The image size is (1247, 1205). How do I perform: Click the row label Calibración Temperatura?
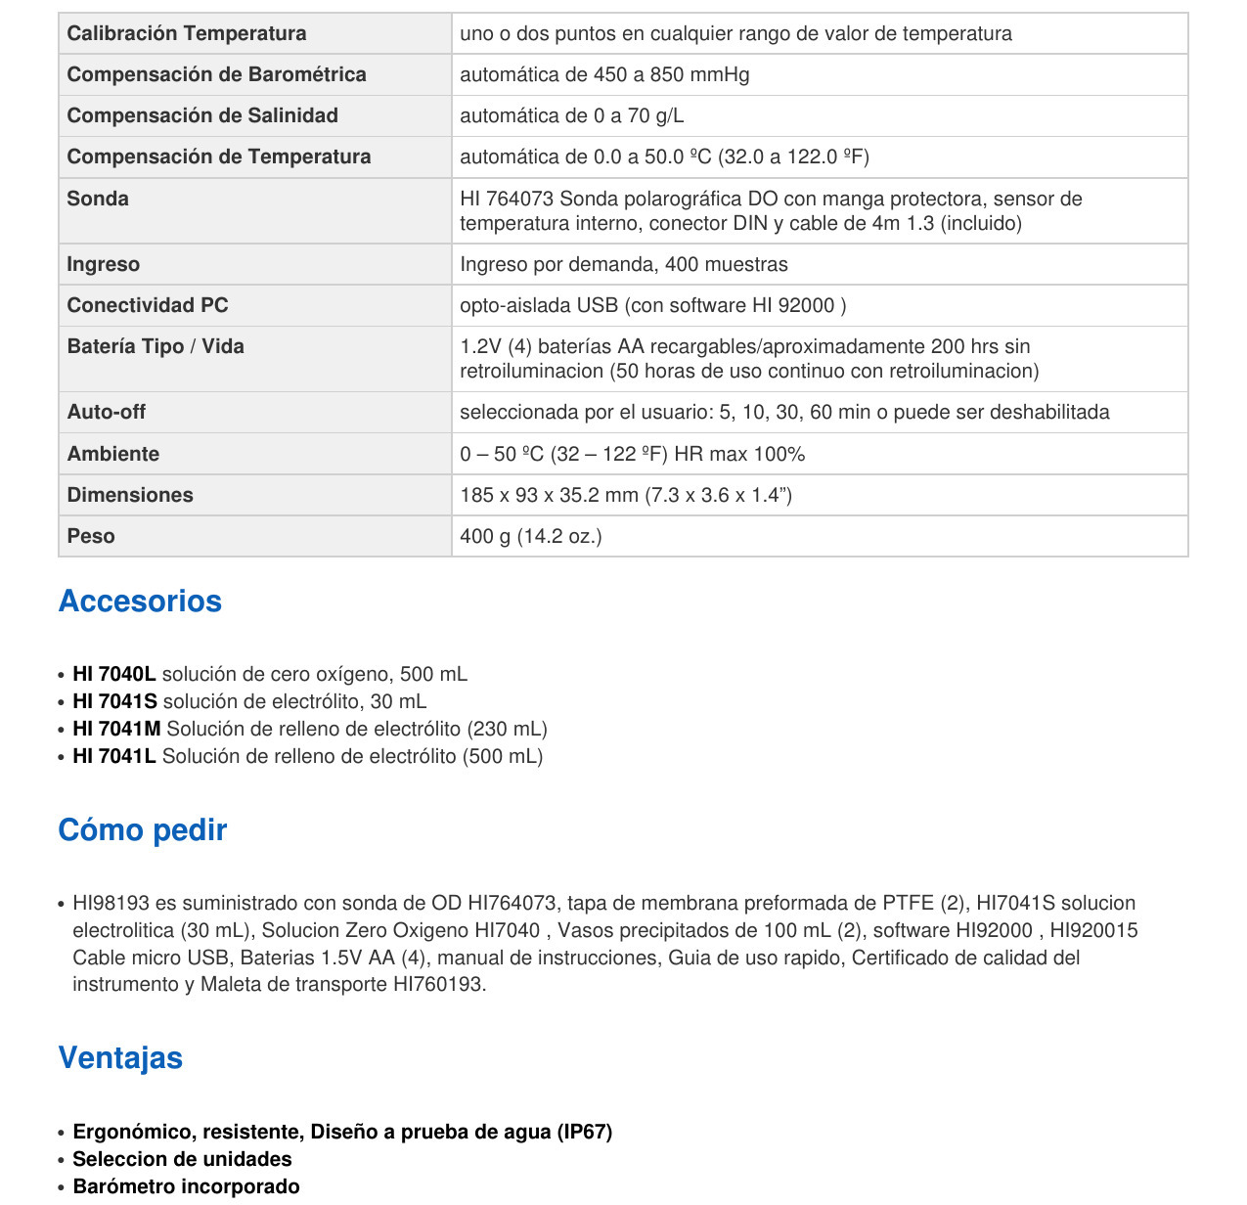click(x=186, y=33)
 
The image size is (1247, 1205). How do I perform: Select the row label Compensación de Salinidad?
click(x=202, y=115)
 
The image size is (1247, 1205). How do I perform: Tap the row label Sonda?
click(x=98, y=199)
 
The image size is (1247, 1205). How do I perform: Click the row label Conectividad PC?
click(x=148, y=305)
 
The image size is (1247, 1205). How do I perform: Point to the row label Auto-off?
click(x=106, y=412)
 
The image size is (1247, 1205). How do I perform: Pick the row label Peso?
click(x=91, y=536)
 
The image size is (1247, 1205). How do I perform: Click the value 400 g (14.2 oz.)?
click(x=531, y=536)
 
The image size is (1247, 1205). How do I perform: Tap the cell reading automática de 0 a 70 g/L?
click(x=572, y=115)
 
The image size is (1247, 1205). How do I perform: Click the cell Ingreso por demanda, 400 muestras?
click(x=624, y=264)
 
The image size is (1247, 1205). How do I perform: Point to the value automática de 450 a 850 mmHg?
click(x=604, y=74)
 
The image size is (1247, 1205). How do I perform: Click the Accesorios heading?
click(x=140, y=601)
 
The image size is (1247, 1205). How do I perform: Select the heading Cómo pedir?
click(x=143, y=829)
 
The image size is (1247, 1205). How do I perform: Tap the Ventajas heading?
click(x=120, y=1057)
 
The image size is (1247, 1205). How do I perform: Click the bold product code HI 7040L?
click(x=114, y=674)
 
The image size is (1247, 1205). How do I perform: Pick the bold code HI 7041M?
click(x=116, y=729)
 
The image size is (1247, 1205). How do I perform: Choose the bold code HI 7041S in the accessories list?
click(x=114, y=701)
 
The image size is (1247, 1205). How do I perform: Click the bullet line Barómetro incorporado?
click(x=186, y=1186)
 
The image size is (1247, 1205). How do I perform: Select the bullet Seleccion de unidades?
click(x=182, y=1159)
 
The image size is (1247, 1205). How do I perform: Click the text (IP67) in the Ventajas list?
click(x=584, y=1132)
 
